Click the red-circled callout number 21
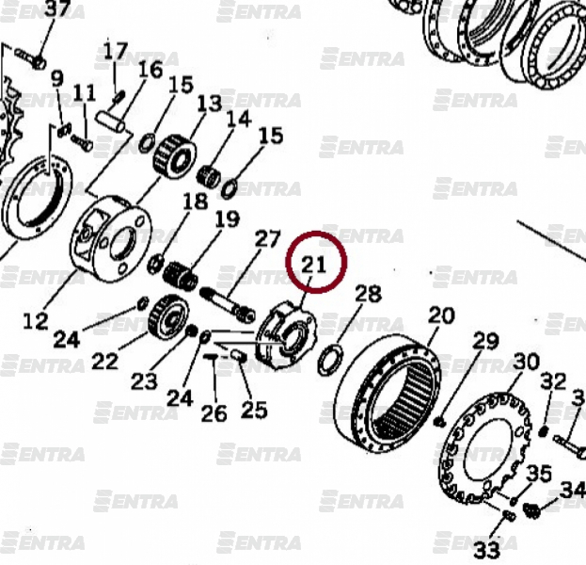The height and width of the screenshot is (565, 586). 313,265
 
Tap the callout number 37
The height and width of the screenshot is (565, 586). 57,8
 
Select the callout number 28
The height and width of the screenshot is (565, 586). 368,294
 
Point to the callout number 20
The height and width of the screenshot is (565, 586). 441,315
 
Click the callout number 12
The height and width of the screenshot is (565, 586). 36,321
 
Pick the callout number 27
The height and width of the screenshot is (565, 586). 267,239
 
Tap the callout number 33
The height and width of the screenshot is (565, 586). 487,550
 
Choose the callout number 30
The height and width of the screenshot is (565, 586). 527,362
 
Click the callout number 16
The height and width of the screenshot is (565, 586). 150,70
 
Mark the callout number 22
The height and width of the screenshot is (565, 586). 104,362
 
